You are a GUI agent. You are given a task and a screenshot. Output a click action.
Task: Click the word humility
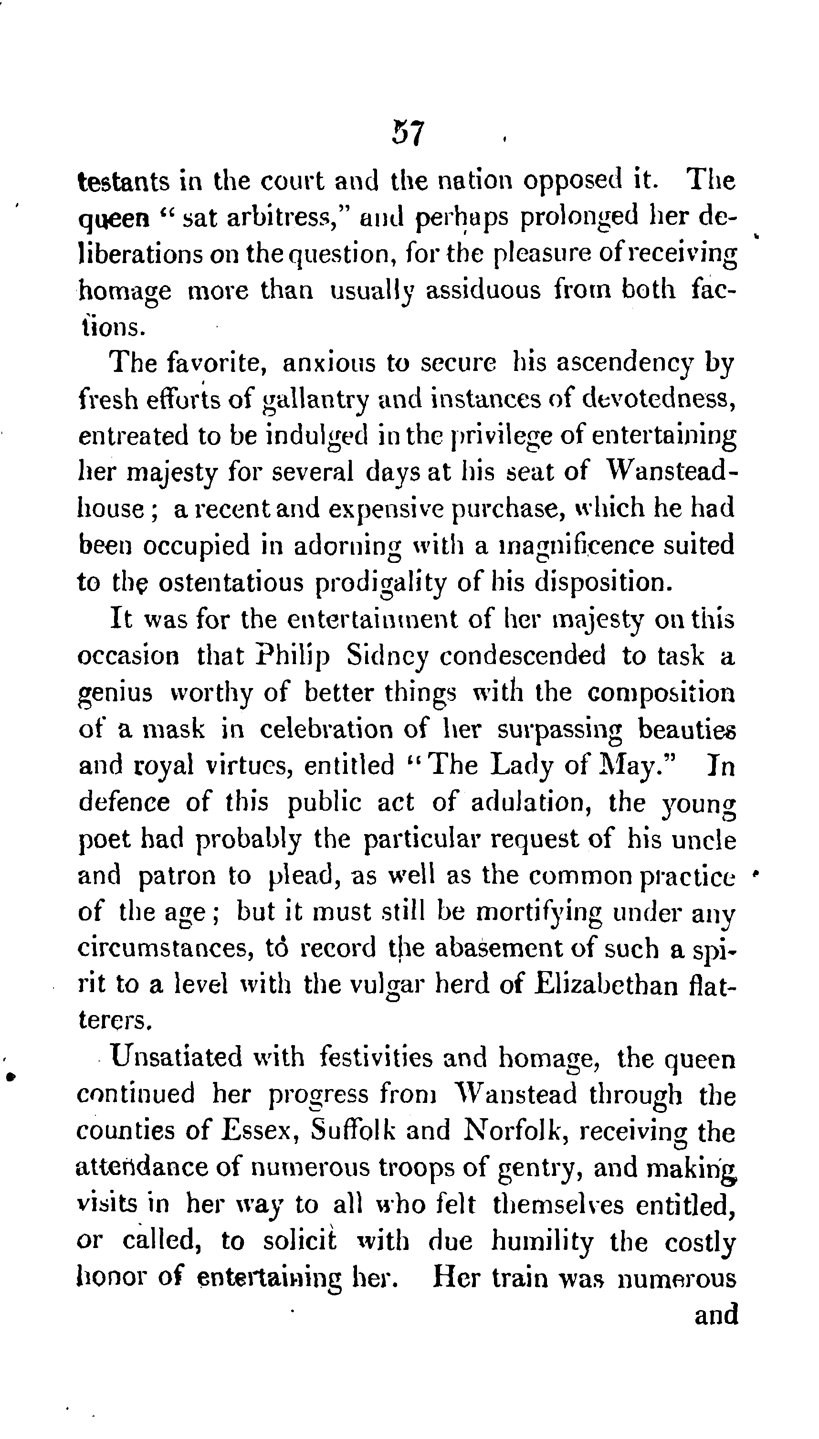(543, 1241)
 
